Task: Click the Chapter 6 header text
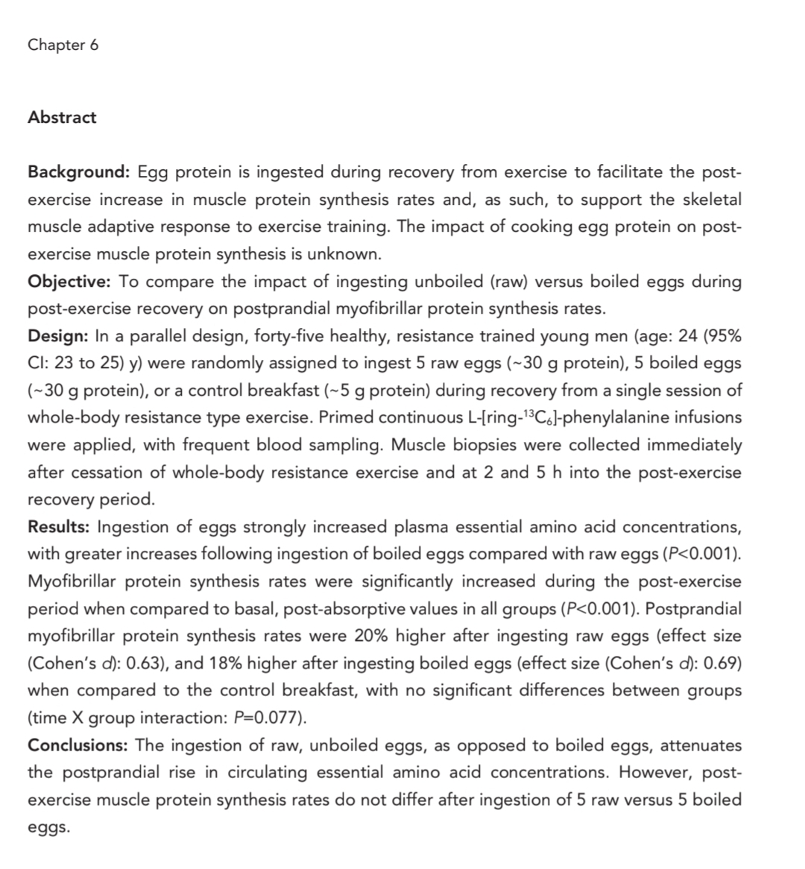click(63, 45)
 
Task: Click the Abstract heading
click(62, 117)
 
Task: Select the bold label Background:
click(79, 172)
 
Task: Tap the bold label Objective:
click(69, 282)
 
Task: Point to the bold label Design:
click(58, 336)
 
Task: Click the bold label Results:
click(59, 527)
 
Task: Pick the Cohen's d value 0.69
click(723, 663)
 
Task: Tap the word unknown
click(349, 254)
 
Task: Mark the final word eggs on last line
click(48, 827)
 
